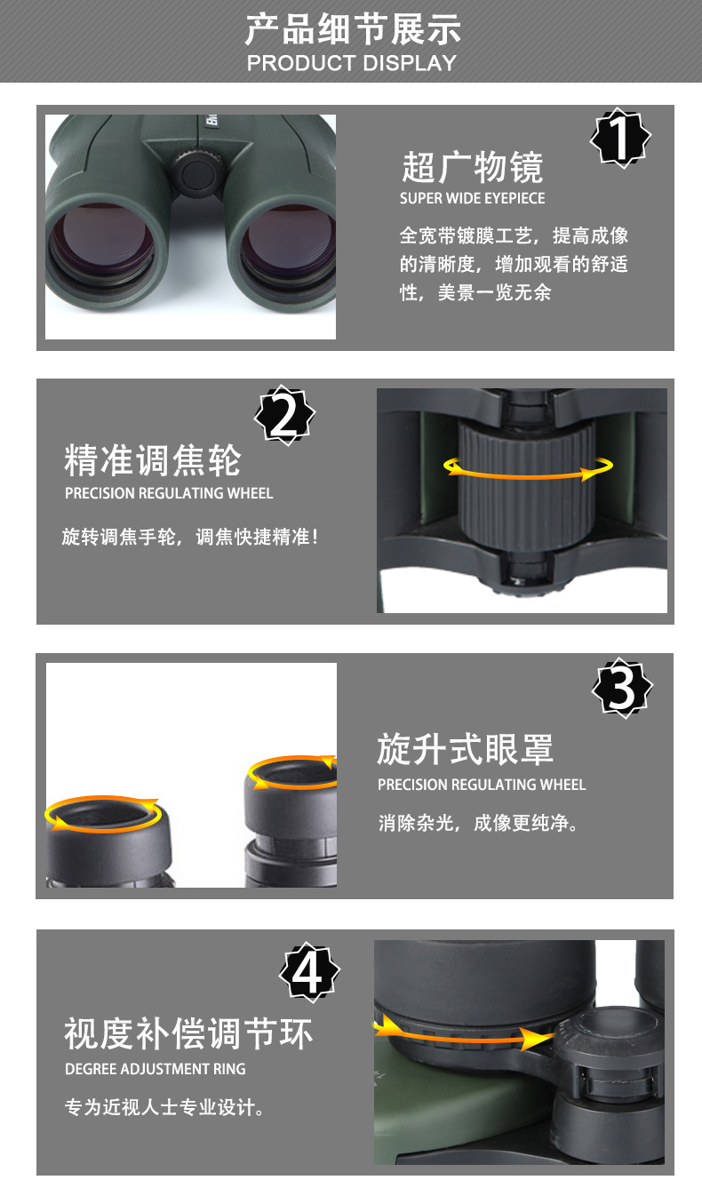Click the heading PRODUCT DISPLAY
[x=352, y=63]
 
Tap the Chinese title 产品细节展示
[x=353, y=29]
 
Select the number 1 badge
[x=620, y=138]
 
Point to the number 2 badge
[x=284, y=416]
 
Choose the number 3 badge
[x=622, y=688]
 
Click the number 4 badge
[x=309, y=972]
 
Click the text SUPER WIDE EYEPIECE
[x=472, y=198]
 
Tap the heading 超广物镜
[x=473, y=167]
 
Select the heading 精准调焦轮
[x=153, y=460]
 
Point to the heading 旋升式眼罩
[x=465, y=749]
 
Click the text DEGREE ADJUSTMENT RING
[x=156, y=1069]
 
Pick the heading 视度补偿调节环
[x=188, y=1033]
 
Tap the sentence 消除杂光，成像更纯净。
[x=478, y=823]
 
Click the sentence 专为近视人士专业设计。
[x=164, y=1107]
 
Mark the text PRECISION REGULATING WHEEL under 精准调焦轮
[x=169, y=493]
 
